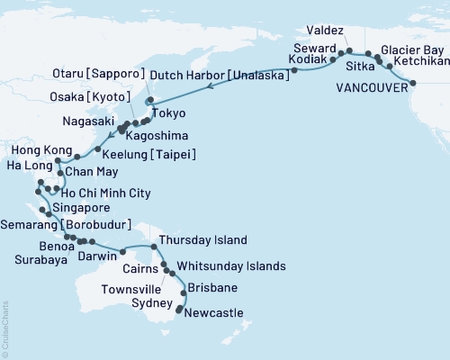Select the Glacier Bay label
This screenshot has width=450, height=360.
pyautogui.click(x=410, y=49)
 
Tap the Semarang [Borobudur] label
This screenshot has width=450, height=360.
pyautogui.click(x=66, y=223)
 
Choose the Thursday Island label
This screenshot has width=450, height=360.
pyautogui.click(x=195, y=241)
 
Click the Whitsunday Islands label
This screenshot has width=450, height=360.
pyautogui.click(x=231, y=266)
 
